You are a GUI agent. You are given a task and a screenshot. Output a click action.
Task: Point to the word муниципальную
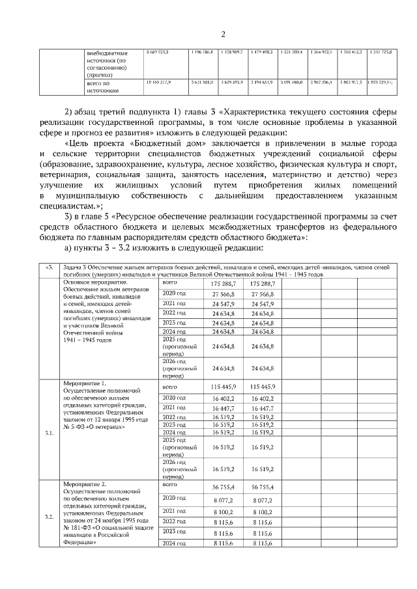[90, 195]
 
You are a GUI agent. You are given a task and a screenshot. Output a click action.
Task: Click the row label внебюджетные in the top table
[108, 52]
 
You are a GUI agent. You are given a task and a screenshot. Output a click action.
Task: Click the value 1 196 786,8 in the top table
[203, 51]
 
